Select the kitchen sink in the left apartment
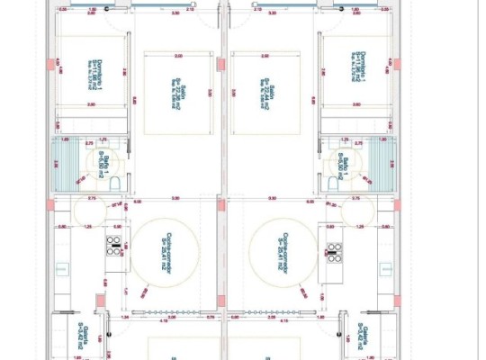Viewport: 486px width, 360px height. (x=62, y=269)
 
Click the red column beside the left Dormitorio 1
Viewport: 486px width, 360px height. (x=51, y=65)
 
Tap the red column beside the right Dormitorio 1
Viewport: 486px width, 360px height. (x=396, y=65)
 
